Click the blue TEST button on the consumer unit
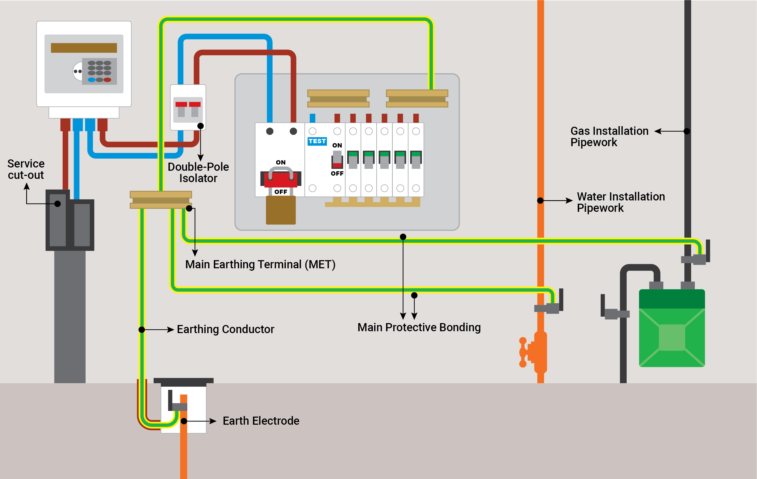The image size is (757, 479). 317,141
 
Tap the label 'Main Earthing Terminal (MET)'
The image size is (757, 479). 260,264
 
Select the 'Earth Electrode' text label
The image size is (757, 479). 261,421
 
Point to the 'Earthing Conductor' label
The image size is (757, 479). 225,329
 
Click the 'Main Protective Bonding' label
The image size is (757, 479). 419,327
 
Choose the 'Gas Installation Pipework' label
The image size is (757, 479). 609,136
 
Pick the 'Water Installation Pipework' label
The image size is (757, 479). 621,202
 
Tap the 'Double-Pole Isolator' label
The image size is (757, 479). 198,172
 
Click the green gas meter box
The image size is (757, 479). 672,329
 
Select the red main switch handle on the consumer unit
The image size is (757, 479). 281,180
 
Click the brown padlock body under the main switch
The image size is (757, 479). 281,210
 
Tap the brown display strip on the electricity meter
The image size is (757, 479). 84,48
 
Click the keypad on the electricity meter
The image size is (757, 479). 99,71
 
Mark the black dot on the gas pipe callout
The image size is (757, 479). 687,131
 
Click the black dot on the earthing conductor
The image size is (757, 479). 142,330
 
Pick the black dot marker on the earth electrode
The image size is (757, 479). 184,421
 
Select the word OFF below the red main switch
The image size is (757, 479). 281,192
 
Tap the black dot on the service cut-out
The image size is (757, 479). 58,204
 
